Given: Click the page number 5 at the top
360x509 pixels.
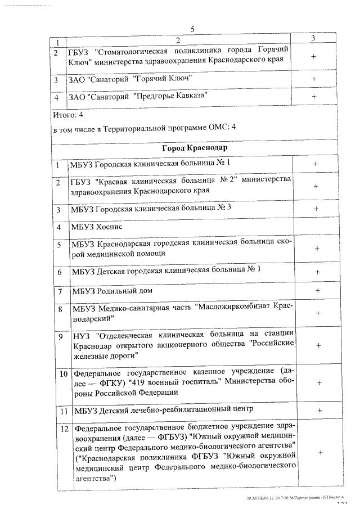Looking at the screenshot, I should coord(192,29).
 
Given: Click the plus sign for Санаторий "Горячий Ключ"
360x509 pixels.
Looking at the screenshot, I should coord(314,79).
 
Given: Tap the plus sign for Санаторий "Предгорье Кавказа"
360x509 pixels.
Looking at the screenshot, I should coord(314,97).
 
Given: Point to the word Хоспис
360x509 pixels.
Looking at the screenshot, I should coord(110,227).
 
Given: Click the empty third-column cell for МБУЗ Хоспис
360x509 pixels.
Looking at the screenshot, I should coord(317,227).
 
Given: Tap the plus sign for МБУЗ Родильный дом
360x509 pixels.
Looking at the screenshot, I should coord(318,290).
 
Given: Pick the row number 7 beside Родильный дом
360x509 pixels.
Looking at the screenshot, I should coord(60,291).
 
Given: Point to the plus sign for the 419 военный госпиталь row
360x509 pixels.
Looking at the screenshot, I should coord(319,382).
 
